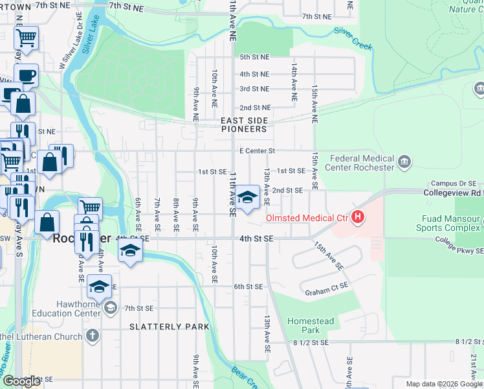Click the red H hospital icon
(357, 218)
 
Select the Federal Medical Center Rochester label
(362, 163)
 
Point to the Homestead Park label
(311, 325)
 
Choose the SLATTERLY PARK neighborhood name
(170, 327)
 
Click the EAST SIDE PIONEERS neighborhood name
(243, 125)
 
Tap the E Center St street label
(257, 151)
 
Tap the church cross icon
(93, 336)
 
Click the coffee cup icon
(26, 75)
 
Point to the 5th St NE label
(254, 57)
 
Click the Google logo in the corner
(21, 381)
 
